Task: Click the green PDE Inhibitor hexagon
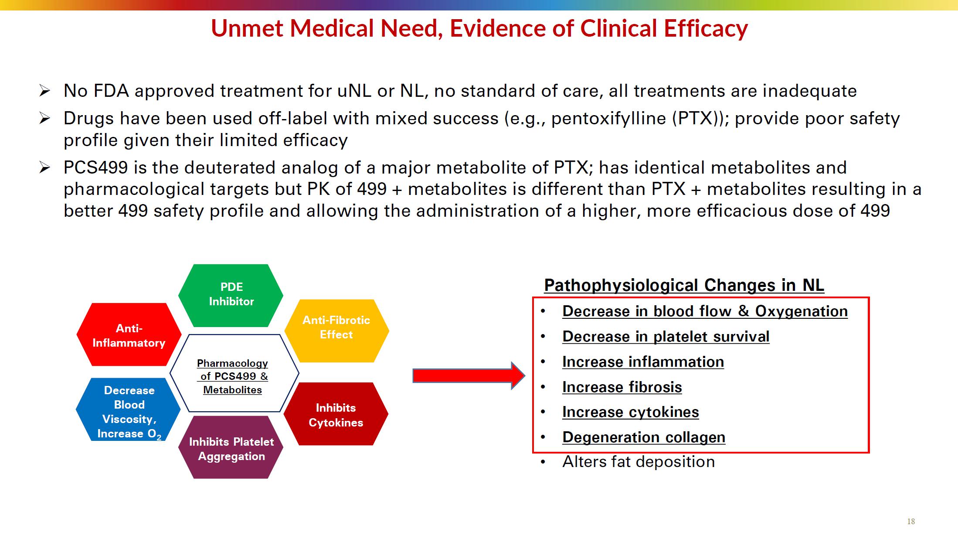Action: pyautogui.click(x=231, y=295)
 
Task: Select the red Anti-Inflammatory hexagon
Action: pyautogui.click(x=129, y=335)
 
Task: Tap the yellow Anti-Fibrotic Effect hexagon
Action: pyautogui.click(x=336, y=330)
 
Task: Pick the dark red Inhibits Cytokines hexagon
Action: pyautogui.click(x=336, y=414)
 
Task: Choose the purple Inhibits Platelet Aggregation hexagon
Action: pyautogui.click(x=231, y=448)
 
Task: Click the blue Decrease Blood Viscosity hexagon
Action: pyautogui.click(x=129, y=410)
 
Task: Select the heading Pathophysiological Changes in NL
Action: pyautogui.click(x=684, y=285)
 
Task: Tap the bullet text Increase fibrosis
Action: pyautogui.click(x=622, y=387)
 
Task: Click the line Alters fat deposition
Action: pyautogui.click(x=639, y=461)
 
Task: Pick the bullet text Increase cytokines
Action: pyautogui.click(x=630, y=412)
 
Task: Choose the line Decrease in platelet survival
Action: pyautogui.click(x=666, y=336)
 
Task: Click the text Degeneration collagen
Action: pyautogui.click(x=644, y=437)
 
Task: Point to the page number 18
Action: pyautogui.click(x=911, y=522)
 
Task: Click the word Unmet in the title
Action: pyautogui.click(x=248, y=28)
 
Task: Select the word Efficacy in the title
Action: pyautogui.click(x=706, y=28)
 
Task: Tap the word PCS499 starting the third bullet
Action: pyautogui.click(x=96, y=167)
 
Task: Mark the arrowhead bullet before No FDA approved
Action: pyautogui.click(x=45, y=91)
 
